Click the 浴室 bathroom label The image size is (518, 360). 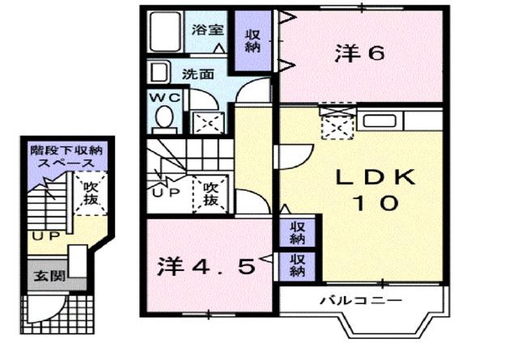click(x=208, y=31)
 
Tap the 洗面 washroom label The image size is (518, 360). click(x=197, y=73)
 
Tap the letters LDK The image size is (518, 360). click(x=375, y=176)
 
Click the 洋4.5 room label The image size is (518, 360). click(x=206, y=265)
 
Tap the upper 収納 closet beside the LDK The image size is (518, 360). click(x=297, y=232)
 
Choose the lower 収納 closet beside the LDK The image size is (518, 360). click(x=297, y=265)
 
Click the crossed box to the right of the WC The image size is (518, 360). click(x=202, y=121)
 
